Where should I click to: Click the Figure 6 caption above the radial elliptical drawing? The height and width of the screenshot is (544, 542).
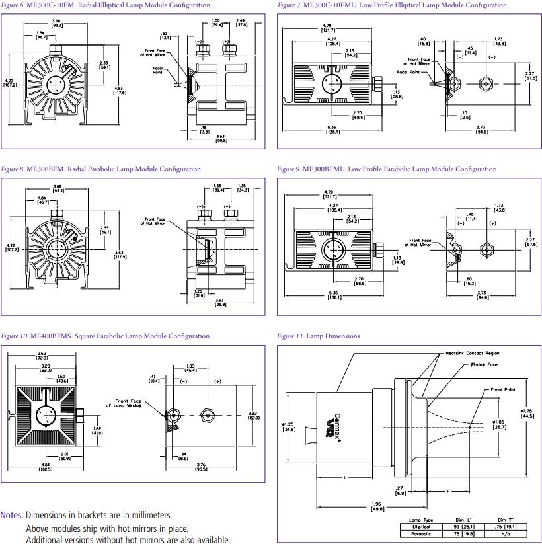click(x=106, y=5)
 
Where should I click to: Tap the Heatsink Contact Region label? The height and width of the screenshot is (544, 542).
click(x=473, y=354)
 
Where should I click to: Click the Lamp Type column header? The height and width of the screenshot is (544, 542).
click(x=421, y=520)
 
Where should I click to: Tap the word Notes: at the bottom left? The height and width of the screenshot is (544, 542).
click(x=12, y=515)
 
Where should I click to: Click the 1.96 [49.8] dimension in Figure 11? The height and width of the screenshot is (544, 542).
click(x=378, y=508)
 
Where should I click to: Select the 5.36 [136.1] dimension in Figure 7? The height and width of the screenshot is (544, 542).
click(x=332, y=129)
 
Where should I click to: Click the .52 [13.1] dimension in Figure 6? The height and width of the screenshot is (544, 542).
click(x=163, y=36)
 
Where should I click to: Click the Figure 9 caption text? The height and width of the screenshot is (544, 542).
click(x=387, y=169)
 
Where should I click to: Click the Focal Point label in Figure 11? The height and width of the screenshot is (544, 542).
click(x=502, y=390)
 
